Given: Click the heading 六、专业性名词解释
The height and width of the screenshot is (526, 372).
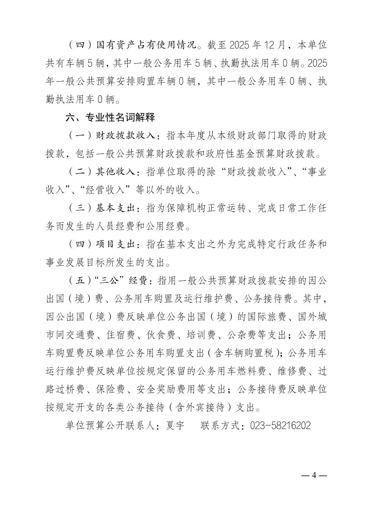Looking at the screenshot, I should (x=110, y=118).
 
